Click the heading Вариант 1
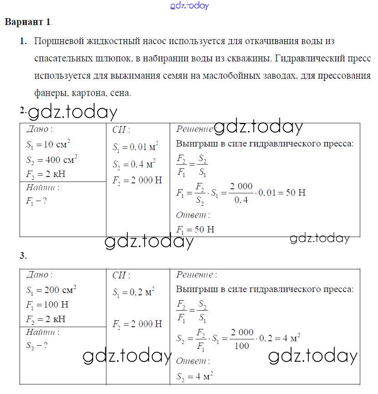tap(28, 22)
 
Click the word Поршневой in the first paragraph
tap(55, 41)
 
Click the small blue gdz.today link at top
tap(189, 5)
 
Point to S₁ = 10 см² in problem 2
tap(48, 146)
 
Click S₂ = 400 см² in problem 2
tap(51, 160)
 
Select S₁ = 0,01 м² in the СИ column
tap(135, 147)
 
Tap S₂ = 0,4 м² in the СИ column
tap(134, 164)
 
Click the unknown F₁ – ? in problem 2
tap(36, 201)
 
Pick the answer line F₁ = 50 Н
tap(195, 229)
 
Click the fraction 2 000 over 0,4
tap(241, 192)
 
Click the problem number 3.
tap(23, 256)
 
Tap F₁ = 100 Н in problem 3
tap(47, 304)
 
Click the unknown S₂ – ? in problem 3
tap(37, 345)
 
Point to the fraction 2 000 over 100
tap(242, 339)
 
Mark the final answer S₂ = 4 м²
tap(195, 376)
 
